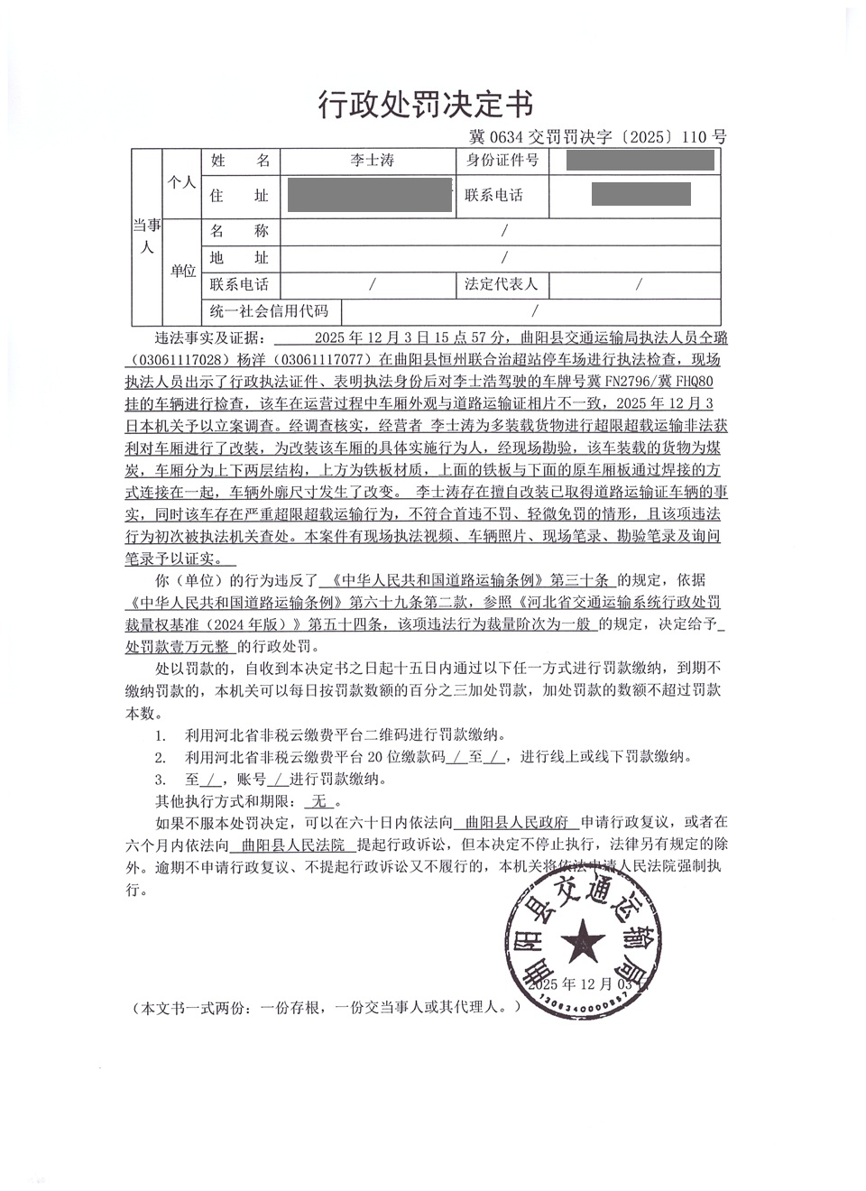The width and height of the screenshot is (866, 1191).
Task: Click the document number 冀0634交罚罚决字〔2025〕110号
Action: [597, 137]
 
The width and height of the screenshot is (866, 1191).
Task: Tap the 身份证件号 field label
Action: [502, 161]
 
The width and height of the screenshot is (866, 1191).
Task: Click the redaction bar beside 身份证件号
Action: [640, 162]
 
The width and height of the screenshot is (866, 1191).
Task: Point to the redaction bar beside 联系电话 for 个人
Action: [640, 194]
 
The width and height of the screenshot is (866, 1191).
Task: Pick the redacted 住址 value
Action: [367, 195]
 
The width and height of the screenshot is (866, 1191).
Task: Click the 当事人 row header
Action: [145, 236]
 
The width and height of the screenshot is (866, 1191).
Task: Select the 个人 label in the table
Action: [181, 181]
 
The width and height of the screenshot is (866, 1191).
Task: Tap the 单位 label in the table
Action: [183, 271]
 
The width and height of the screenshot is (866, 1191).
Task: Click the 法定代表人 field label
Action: [502, 284]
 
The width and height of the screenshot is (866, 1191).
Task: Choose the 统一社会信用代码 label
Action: [270, 312]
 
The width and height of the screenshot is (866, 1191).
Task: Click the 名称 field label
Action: [240, 231]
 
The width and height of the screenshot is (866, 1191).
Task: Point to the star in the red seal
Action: [582, 943]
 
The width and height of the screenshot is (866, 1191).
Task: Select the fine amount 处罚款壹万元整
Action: [180, 647]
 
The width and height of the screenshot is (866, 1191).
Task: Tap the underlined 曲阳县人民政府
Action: [515, 822]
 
